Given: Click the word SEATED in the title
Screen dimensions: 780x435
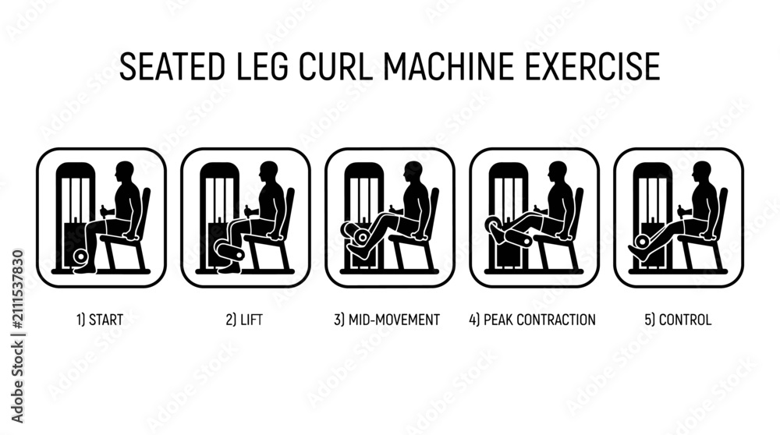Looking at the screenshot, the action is pyautogui.click(x=172, y=66).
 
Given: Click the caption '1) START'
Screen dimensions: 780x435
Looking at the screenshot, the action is pyautogui.click(x=100, y=319).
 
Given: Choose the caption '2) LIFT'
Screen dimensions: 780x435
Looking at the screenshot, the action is pyautogui.click(x=244, y=319).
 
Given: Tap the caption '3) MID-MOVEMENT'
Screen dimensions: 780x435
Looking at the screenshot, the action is pyautogui.click(x=387, y=319).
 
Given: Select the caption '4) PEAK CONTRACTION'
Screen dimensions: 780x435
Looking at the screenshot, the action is pyautogui.click(x=532, y=319).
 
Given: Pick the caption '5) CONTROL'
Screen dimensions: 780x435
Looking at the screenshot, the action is pyautogui.click(x=678, y=319).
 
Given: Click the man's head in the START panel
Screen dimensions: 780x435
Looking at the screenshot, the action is pyautogui.click(x=124, y=172).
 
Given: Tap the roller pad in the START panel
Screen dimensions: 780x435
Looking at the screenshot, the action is pyautogui.click(x=80, y=256).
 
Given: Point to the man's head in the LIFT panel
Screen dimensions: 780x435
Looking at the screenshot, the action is pyautogui.click(x=268, y=172).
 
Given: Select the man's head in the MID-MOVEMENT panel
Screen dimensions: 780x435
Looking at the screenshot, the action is pyautogui.click(x=413, y=172).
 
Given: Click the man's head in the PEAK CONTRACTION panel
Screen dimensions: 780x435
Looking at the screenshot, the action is pyautogui.click(x=558, y=172).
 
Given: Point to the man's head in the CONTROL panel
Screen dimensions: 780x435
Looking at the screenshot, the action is pyautogui.click(x=702, y=172).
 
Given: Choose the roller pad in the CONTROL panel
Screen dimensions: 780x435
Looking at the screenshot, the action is pyautogui.click(x=642, y=241).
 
